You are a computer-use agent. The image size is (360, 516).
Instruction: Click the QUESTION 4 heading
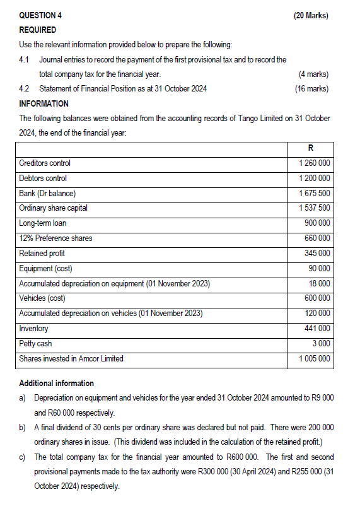pyautogui.click(x=45, y=15)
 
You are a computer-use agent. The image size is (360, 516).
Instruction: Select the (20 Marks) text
pyautogui.click(x=311, y=15)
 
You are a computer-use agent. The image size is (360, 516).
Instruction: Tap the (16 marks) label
pyautogui.click(x=311, y=89)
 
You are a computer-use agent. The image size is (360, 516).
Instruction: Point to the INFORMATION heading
pyautogui.click(x=44, y=103)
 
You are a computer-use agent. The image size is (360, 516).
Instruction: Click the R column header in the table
pyautogui.click(x=311, y=148)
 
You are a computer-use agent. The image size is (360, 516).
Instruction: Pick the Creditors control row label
pyautogui.click(x=45, y=163)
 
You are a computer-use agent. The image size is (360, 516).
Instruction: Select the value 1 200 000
pyautogui.click(x=315, y=179)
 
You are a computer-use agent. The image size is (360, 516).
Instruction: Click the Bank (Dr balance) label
pyautogui.click(x=52, y=193)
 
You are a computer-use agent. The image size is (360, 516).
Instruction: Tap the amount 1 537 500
pyautogui.click(x=315, y=208)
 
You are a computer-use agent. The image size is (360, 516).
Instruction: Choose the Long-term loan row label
pyautogui.click(x=43, y=223)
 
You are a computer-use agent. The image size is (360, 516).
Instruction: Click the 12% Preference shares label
pyautogui.click(x=55, y=238)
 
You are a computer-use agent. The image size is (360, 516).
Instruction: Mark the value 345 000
pyautogui.click(x=317, y=254)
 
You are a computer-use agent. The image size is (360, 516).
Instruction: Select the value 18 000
pyautogui.click(x=320, y=283)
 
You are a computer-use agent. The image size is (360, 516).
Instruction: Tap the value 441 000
pyautogui.click(x=317, y=329)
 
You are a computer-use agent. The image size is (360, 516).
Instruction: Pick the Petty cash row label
pyautogui.click(x=35, y=344)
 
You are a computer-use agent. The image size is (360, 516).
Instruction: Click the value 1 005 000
pyautogui.click(x=315, y=359)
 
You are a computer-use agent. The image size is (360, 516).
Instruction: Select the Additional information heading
pyautogui.click(x=57, y=384)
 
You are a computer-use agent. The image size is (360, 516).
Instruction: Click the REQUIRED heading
pyautogui.click(x=38, y=30)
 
